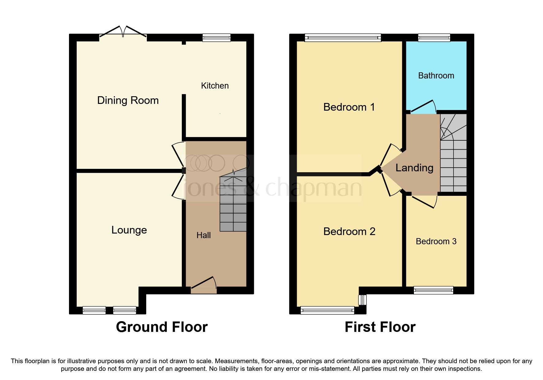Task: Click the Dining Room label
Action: click(x=128, y=101)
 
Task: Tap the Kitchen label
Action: click(x=215, y=86)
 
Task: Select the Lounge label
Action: click(x=129, y=230)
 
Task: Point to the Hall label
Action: click(x=204, y=235)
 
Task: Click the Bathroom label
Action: click(x=436, y=76)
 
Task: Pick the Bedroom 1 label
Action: click(x=349, y=107)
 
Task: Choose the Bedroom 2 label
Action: click(x=349, y=231)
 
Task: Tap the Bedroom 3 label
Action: click(x=436, y=241)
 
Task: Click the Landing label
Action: click(x=414, y=168)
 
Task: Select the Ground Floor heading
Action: click(x=162, y=327)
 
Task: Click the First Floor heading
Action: click(x=380, y=327)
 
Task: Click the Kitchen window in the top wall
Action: click(x=216, y=38)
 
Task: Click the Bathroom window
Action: click(x=434, y=38)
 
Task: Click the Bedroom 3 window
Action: click(x=433, y=290)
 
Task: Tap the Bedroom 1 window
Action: click(x=343, y=38)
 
